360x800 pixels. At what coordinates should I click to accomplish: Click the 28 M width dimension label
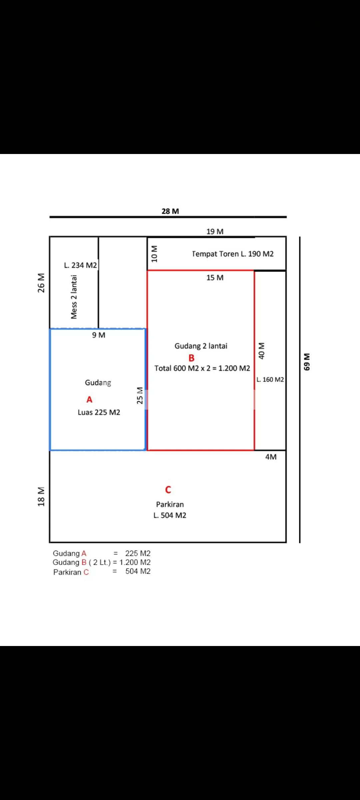click(x=170, y=211)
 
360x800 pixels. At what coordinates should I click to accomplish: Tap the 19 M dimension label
click(x=215, y=232)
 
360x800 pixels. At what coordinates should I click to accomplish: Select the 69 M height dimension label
click(x=307, y=362)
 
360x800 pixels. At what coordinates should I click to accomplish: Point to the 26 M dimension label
click(x=41, y=283)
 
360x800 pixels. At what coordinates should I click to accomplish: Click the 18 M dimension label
click(x=41, y=497)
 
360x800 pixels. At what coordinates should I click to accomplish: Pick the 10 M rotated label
click(x=154, y=254)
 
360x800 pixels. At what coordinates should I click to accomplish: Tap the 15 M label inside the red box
click(x=215, y=278)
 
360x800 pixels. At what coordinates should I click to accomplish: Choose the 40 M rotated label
click(x=262, y=351)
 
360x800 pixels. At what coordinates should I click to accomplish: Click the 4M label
click(x=271, y=457)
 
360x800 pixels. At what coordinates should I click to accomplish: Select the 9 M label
click(x=99, y=335)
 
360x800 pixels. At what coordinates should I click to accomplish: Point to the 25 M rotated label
click(x=140, y=395)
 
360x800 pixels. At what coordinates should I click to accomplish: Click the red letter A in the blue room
click(x=89, y=400)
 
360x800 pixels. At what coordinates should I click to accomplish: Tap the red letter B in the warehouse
click(x=191, y=358)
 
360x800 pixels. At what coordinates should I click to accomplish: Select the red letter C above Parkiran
click(x=168, y=490)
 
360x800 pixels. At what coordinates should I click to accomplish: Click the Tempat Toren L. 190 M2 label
click(x=233, y=254)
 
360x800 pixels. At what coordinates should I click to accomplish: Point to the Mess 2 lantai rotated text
click(x=74, y=297)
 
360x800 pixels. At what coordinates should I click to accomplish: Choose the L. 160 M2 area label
click(x=270, y=380)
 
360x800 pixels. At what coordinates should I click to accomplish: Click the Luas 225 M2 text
click(x=99, y=413)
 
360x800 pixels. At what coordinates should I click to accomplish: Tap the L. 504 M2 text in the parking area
click(x=170, y=516)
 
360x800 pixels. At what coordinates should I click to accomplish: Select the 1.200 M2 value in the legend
click(x=135, y=563)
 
